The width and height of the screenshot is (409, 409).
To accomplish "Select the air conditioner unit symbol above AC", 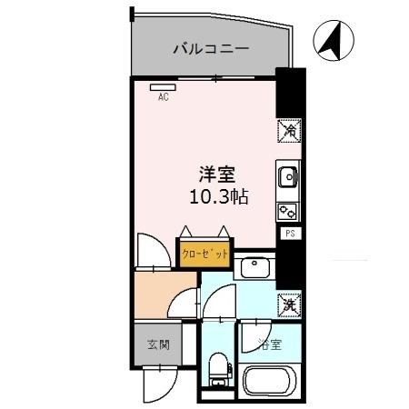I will point(164,87).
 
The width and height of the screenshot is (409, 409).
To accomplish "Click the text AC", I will point(164,97).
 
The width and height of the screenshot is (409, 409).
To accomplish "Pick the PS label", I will point(290,234).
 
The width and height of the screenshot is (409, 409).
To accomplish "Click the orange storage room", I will point(159,295).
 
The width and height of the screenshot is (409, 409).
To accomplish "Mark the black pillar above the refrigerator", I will point(288,92).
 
